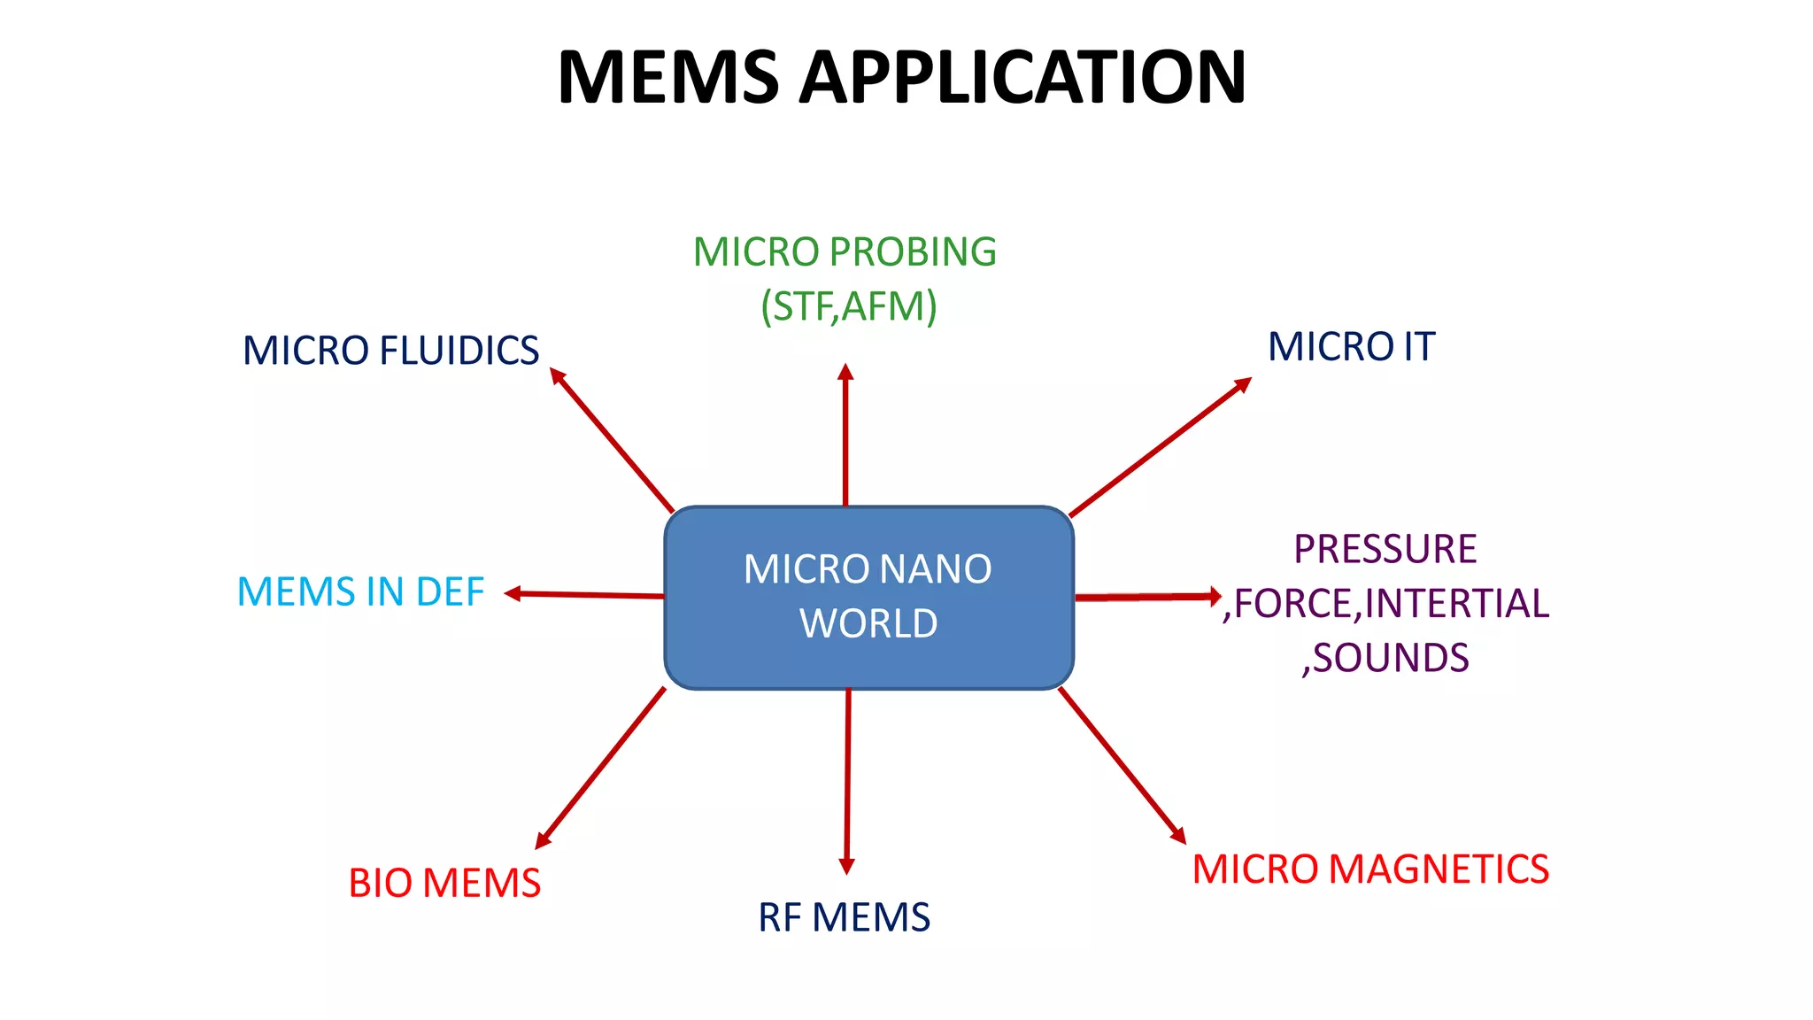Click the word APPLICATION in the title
click(1022, 78)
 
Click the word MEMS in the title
click(668, 78)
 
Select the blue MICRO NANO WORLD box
click(868, 598)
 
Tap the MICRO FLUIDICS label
click(390, 351)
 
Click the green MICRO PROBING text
click(845, 252)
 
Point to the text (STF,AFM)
click(848, 306)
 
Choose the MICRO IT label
click(1351, 346)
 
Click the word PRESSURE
click(1385, 549)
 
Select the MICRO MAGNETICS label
click(1370, 869)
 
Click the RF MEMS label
click(844, 917)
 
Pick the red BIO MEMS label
click(444, 884)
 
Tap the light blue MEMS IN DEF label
click(360, 591)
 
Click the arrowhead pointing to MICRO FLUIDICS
click(557, 375)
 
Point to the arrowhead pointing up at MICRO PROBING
click(845, 372)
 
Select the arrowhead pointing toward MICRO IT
click(1243, 384)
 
